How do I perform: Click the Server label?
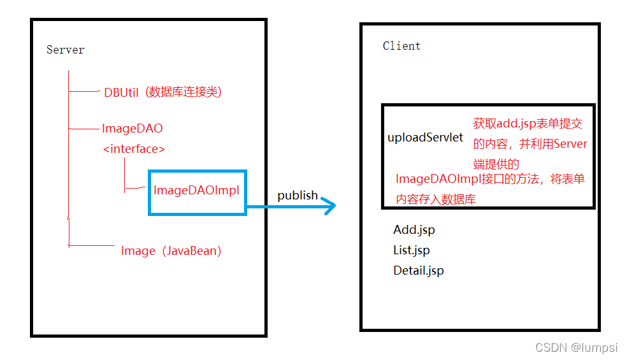point(65,50)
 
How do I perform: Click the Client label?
point(401,46)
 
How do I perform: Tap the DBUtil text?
point(121,92)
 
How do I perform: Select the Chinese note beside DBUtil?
point(183,92)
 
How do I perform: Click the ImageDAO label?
point(132,129)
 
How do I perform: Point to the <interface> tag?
point(134,149)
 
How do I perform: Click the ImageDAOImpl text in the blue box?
point(196,191)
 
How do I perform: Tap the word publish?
point(298,195)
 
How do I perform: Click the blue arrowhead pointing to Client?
point(329,206)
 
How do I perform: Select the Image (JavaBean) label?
point(171,251)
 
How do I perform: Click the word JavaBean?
point(191,251)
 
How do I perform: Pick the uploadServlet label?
point(426,138)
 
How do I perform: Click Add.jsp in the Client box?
point(414,230)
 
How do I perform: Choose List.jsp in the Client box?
point(412,250)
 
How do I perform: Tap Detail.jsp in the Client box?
point(419,271)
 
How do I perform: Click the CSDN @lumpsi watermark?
point(577,347)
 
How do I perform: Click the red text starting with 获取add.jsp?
point(528,124)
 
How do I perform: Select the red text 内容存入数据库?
point(436,199)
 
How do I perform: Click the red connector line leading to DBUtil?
point(84,92)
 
